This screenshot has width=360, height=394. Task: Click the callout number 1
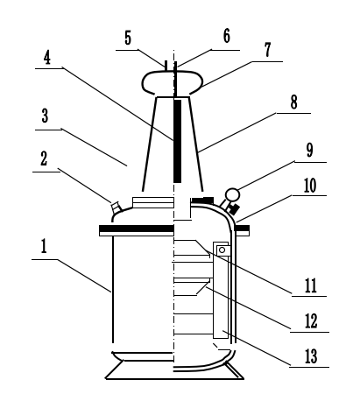pos(44,246)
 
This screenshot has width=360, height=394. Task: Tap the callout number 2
pos(44,158)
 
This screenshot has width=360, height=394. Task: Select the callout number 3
pos(45,116)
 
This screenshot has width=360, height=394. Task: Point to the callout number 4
pos(47,58)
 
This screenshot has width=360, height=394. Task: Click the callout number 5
pos(128,38)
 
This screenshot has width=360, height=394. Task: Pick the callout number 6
pos(227,36)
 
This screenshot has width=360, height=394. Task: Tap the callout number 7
pos(267,49)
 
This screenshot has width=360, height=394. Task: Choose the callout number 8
pos(293,102)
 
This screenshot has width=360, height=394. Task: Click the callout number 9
pos(309,150)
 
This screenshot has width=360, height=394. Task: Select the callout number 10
pos(310,186)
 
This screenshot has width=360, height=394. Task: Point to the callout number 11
pos(311,285)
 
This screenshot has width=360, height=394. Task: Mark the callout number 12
pos(311,320)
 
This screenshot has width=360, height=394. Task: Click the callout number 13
pos(311,356)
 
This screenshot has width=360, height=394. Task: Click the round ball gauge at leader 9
pos(232,194)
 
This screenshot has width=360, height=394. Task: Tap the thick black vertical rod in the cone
pos(177,141)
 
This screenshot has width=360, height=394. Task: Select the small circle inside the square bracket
pos(222,250)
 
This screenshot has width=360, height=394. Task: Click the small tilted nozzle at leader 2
pos(115,207)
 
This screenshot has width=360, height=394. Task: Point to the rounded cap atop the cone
pos(173,82)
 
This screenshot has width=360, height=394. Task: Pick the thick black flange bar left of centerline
pos(137,228)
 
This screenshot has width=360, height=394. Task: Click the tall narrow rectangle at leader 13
pos(221,290)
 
